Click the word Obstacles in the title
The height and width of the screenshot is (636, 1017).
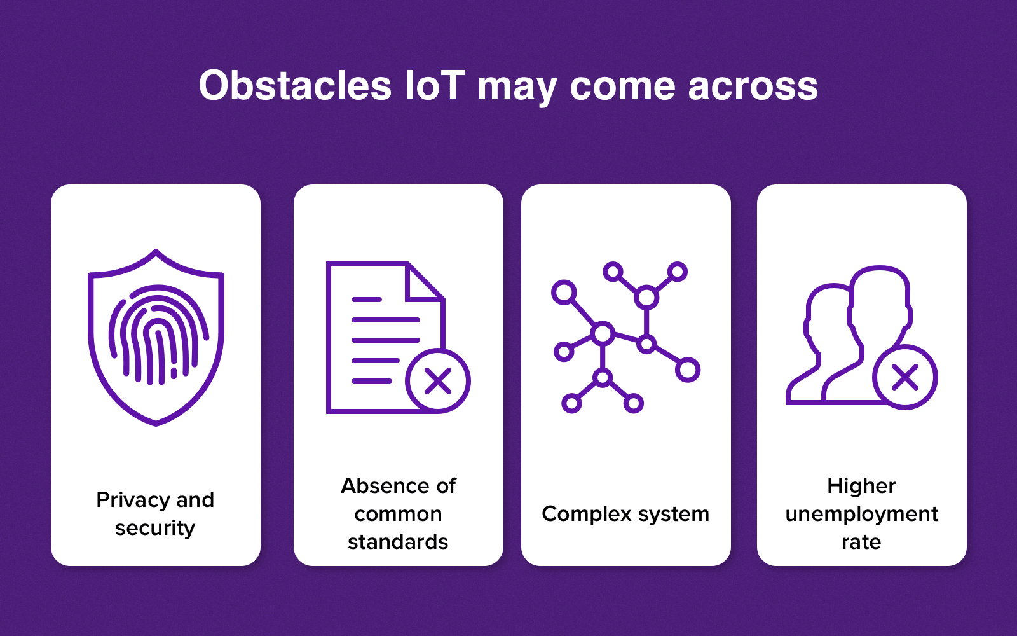[295, 85]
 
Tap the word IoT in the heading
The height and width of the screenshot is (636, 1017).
[435, 85]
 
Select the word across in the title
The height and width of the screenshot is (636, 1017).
[753, 86]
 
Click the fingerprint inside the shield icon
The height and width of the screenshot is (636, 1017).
[158, 335]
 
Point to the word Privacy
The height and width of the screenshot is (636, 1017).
[133, 500]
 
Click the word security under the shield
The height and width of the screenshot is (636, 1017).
[155, 529]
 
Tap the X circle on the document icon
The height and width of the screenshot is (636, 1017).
[438, 381]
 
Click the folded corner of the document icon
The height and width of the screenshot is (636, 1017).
[425, 282]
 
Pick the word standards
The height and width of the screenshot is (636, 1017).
[398, 542]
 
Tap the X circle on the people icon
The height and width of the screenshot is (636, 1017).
[905, 377]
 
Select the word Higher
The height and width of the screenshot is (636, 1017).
[861, 487]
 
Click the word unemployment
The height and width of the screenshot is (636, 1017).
[862, 515]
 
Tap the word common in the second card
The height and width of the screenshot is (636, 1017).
[398, 515]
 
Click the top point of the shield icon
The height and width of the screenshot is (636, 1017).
[156, 251]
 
